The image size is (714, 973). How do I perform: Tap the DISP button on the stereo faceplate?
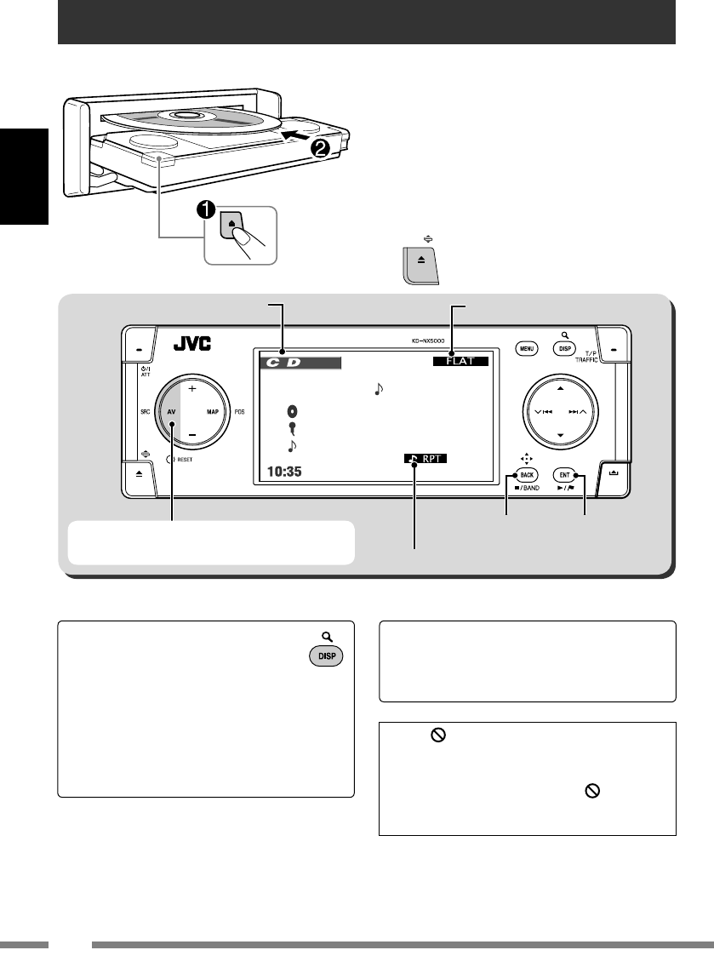coord(561,347)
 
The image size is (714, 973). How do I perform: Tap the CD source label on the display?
coord(299,363)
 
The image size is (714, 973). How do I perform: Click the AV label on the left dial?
coord(172,410)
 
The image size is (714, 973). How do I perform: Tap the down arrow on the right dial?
coord(560,435)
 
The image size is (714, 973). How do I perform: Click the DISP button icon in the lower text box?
coord(327,658)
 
